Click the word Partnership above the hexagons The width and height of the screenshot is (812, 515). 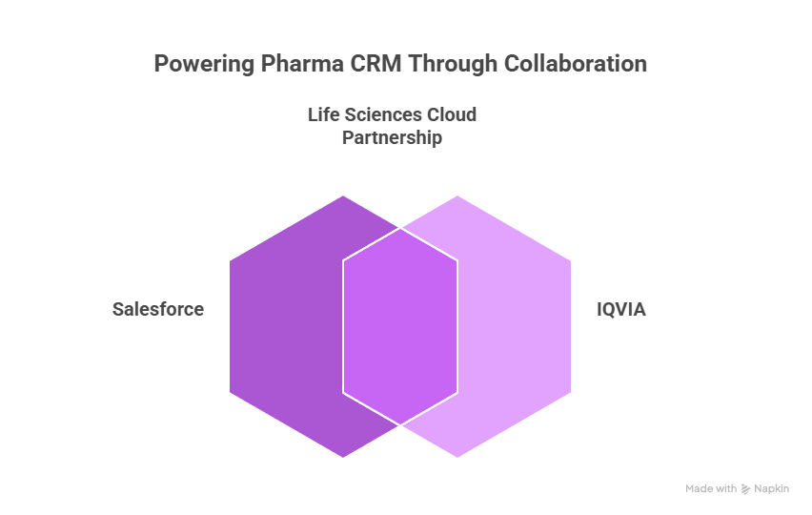click(x=392, y=138)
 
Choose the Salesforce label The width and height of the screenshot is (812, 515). click(x=158, y=309)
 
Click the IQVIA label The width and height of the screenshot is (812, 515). click(x=622, y=309)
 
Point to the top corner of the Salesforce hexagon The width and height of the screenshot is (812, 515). click(x=343, y=196)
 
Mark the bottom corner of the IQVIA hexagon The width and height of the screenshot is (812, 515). click(x=457, y=457)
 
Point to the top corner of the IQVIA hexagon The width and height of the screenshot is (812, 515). click(x=457, y=196)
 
